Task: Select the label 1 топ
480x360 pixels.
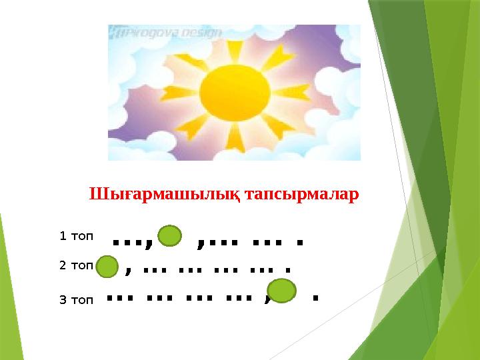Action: point(77,235)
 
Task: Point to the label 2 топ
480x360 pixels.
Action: point(76,265)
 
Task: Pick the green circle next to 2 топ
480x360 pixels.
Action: point(106,268)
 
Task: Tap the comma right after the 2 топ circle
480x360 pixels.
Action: point(127,272)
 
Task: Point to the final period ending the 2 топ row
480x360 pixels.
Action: point(287,272)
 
